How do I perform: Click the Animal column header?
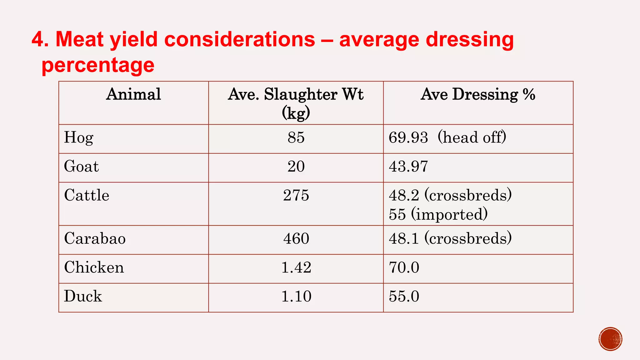point(133,94)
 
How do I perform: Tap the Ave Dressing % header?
point(478,94)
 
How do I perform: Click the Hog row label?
point(78,138)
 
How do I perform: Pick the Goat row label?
point(81,166)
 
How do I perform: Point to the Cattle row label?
point(87,195)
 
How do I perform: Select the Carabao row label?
point(95,238)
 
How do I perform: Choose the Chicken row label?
point(94,267)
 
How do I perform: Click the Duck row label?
point(83,296)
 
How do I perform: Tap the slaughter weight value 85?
point(296,137)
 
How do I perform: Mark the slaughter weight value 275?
point(296,195)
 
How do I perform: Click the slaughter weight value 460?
point(296,238)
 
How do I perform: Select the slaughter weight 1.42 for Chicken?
point(296,267)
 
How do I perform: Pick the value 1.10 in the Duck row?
point(296,296)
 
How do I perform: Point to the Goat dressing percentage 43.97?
point(408,166)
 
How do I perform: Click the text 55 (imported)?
point(438,214)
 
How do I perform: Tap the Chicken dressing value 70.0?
point(404,267)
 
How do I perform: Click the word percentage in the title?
point(98,66)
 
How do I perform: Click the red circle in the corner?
point(610,339)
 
